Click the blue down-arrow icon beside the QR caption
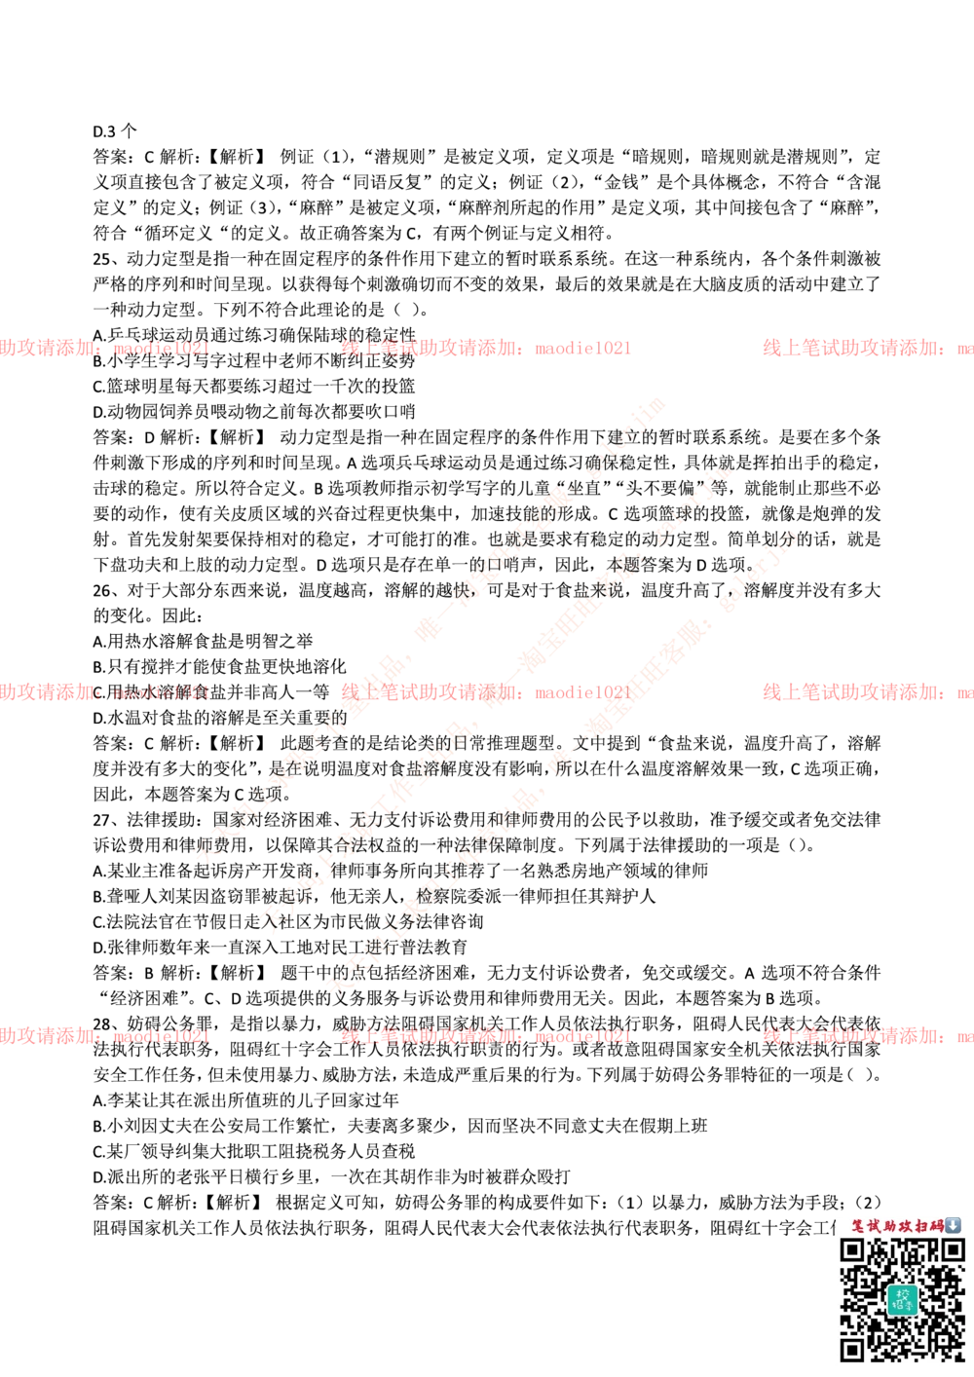(x=954, y=1225)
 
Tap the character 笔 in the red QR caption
(x=858, y=1225)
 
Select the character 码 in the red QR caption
(x=937, y=1225)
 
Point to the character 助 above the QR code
(x=889, y=1225)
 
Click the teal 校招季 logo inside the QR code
(x=902, y=1299)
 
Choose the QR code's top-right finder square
(x=952, y=1249)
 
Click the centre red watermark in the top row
(x=485, y=348)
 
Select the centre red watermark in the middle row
(x=485, y=692)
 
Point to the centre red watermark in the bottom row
(x=485, y=1036)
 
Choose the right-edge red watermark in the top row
(x=867, y=348)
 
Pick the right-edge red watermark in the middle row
(x=867, y=692)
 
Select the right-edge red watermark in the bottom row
(x=867, y=1036)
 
